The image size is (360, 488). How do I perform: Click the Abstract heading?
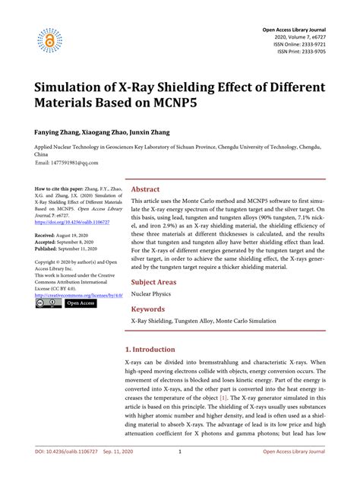145,189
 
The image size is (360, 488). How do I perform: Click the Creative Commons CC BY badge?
47,303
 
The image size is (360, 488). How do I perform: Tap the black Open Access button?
80,303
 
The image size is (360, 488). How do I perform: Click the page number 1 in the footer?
179,473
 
